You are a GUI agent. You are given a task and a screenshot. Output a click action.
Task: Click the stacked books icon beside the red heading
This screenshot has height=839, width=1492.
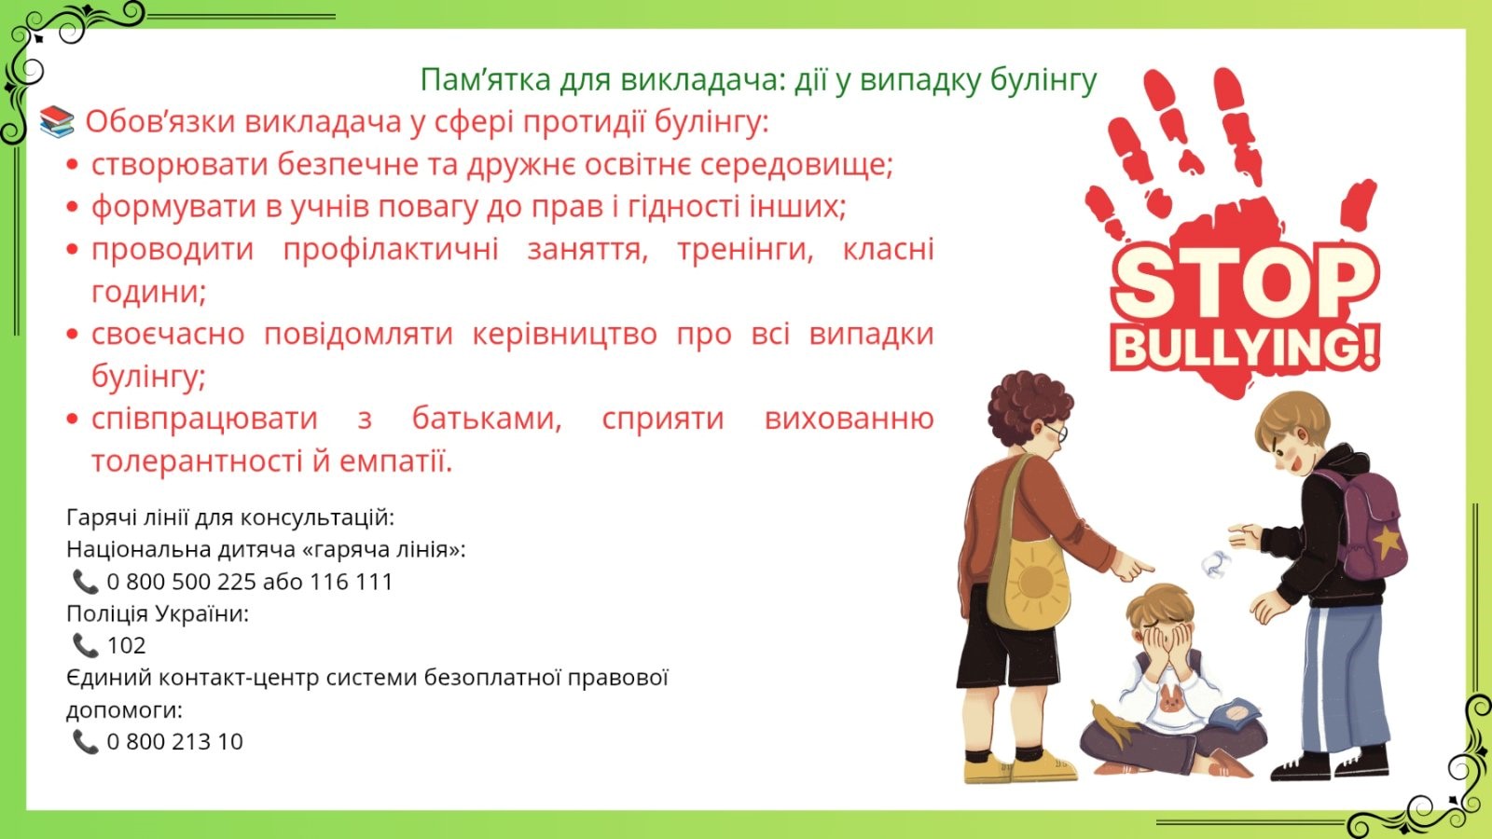tap(57, 122)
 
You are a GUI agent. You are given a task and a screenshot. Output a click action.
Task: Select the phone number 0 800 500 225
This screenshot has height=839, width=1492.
tap(181, 582)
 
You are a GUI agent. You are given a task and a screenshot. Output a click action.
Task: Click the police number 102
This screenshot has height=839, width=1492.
tap(126, 645)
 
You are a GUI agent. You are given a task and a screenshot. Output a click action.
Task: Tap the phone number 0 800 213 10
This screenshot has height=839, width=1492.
tap(174, 742)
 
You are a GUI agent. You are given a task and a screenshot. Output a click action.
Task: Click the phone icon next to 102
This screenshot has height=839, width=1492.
tap(85, 645)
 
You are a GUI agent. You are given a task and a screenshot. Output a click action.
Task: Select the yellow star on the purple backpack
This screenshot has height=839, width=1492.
tap(1387, 542)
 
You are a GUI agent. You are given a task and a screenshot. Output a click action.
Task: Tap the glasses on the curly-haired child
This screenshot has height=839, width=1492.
tap(1057, 433)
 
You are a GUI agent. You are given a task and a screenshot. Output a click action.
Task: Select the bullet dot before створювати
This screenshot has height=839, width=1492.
tap(73, 164)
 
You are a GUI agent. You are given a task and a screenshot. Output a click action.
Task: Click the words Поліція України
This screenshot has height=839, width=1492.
tap(158, 613)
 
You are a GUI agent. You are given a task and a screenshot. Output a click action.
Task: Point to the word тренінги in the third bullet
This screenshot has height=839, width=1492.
tap(745, 251)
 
